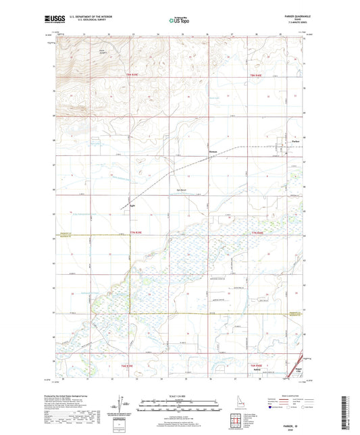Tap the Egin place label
[x=133, y=208]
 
